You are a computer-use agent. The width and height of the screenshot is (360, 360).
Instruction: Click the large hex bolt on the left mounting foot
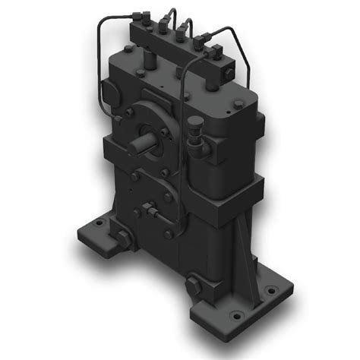(122, 242)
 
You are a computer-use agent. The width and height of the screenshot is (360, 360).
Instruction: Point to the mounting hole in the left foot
(99, 225)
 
